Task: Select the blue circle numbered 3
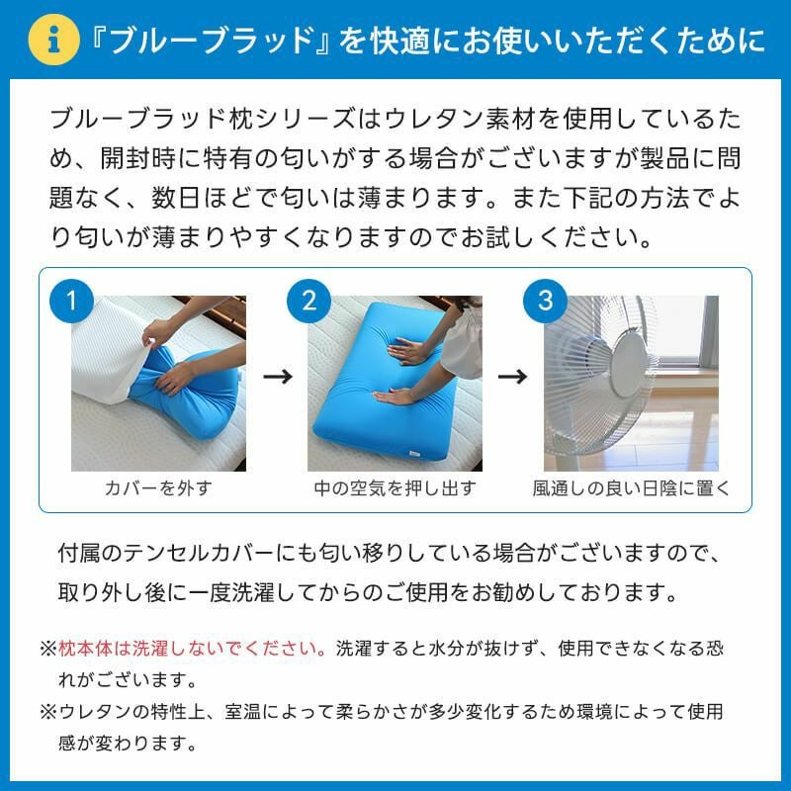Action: [x=545, y=300]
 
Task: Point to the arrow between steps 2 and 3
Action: [x=512, y=377]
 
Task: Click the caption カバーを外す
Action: [x=158, y=488]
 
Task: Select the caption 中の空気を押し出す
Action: [x=395, y=488]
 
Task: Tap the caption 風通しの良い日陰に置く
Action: [x=631, y=488]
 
